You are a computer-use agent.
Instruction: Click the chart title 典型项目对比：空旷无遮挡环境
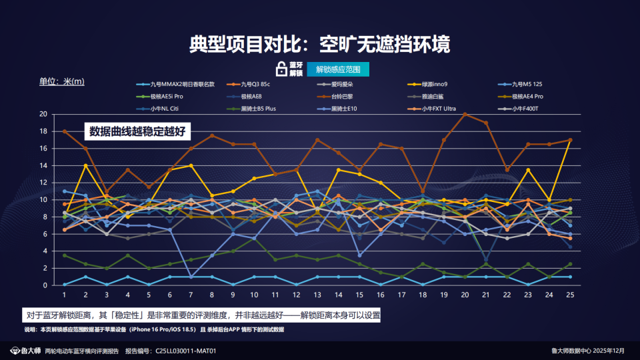coord(319,45)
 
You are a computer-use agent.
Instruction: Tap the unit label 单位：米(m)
coord(62,81)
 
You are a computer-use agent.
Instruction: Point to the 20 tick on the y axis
coord(43,114)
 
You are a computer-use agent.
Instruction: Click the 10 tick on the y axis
coord(43,199)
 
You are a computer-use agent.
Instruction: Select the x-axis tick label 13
coord(317,294)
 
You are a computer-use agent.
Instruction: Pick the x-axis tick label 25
coord(570,294)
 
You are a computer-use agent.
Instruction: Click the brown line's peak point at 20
coord(465,114)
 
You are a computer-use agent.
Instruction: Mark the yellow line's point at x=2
coord(85,165)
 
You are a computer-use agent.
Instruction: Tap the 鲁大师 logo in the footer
coord(25,350)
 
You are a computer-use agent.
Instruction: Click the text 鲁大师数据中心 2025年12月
coord(588,350)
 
